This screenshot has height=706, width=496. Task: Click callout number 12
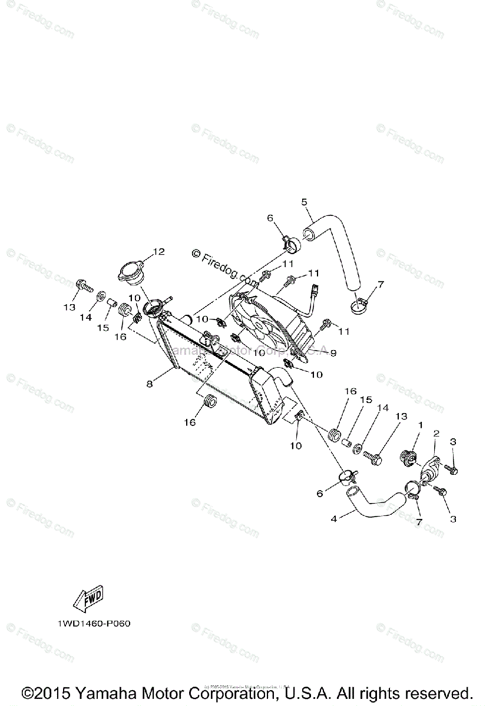[159, 252]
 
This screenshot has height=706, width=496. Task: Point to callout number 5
[304, 202]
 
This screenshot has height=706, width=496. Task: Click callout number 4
[334, 519]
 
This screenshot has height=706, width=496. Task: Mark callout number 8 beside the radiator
[150, 384]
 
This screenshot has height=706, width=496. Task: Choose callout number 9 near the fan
[333, 353]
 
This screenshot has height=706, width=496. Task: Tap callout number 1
[421, 424]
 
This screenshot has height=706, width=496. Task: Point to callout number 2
[437, 434]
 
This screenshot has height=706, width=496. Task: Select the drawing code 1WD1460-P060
[94, 624]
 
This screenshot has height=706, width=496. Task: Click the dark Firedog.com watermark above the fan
[224, 265]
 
